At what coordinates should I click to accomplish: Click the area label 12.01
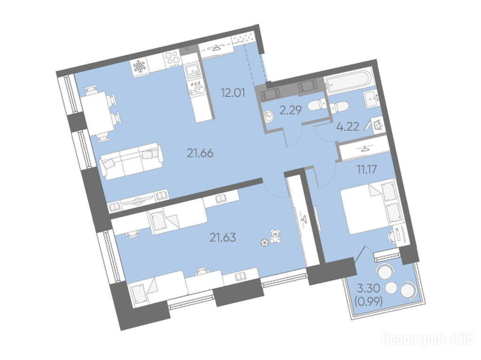click(233, 92)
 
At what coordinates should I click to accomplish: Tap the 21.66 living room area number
click(200, 153)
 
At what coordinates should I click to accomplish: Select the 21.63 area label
click(223, 237)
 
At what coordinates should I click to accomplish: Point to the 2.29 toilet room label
click(291, 110)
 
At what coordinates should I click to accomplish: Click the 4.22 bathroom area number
click(348, 127)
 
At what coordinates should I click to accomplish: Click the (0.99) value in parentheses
click(368, 302)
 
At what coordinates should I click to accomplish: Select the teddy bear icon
click(275, 236)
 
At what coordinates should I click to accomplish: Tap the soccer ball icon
click(264, 243)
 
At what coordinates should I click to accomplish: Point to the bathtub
click(349, 81)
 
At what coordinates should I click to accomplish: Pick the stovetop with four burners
click(172, 59)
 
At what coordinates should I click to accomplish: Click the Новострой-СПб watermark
click(427, 339)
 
